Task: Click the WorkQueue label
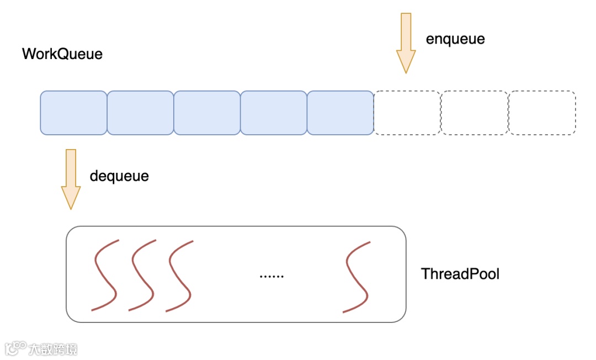pos(62,54)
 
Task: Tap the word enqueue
pos(455,39)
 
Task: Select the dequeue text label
pos(119,176)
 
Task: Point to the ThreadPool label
pos(460,274)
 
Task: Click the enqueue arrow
pos(406,43)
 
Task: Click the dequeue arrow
pos(71,179)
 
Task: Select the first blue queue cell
pos(73,113)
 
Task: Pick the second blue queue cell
pos(140,113)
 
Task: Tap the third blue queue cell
pos(207,113)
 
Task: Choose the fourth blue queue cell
pos(274,113)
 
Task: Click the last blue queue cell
pos(340,113)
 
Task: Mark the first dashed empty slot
pos(407,113)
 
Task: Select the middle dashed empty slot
pos(475,113)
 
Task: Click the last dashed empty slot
pos(542,113)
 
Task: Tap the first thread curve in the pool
pos(105,275)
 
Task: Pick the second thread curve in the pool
pos(142,275)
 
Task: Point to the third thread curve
pos(179,275)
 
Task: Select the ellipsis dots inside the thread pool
pos(272,275)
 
